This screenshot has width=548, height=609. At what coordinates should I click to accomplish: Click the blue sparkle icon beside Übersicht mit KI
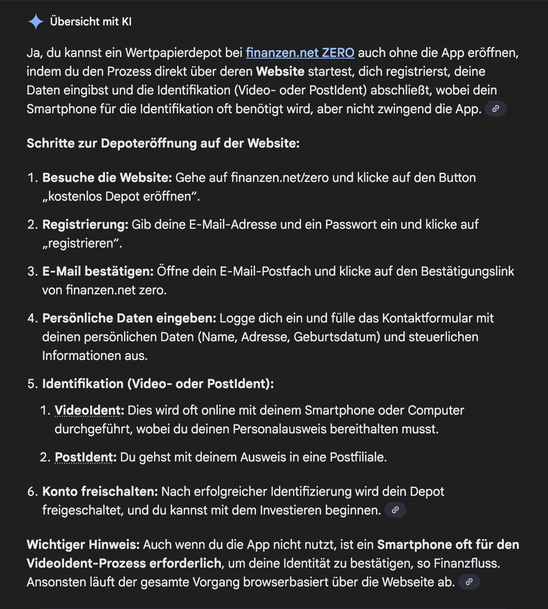click(x=36, y=21)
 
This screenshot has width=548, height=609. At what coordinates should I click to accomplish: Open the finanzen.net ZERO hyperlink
click(x=300, y=53)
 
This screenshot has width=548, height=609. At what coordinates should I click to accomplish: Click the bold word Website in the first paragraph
click(x=280, y=71)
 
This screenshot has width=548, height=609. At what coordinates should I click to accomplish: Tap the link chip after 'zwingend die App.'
click(x=495, y=109)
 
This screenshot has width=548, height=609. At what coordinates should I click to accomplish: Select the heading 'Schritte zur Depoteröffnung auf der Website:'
click(x=163, y=143)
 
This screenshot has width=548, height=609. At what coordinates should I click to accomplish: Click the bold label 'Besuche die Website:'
click(x=107, y=178)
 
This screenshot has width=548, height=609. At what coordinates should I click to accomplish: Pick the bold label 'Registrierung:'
click(x=85, y=224)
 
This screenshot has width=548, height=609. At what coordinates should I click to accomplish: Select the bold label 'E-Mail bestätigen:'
click(x=98, y=271)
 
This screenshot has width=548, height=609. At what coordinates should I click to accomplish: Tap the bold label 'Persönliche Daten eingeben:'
click(x=129, y=318)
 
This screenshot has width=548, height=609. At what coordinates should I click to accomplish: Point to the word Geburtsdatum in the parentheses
click(x=336, y=337)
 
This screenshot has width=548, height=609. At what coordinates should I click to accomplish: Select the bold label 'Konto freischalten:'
click(x=100, y=491)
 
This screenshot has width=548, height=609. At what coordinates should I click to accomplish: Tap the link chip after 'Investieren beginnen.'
click(x=395, y=510)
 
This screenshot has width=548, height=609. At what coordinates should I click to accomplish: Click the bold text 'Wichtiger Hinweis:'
click(x=83, y=545)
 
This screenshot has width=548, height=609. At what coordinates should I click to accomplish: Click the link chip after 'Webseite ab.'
click(x=469, y=582)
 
